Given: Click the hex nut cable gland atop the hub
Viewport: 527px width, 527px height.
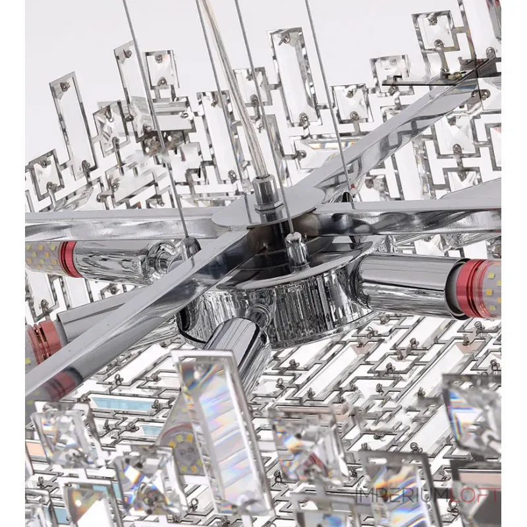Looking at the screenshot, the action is [x=262, y=197].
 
